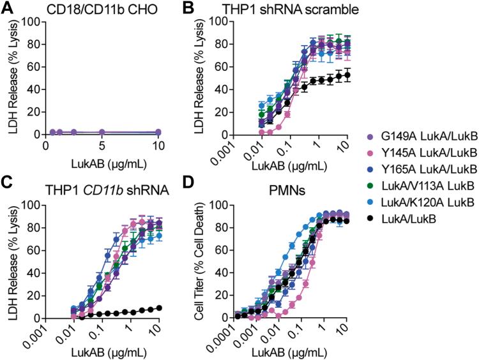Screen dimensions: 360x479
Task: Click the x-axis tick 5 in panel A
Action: pyautogui.click(x=102, y=144)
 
